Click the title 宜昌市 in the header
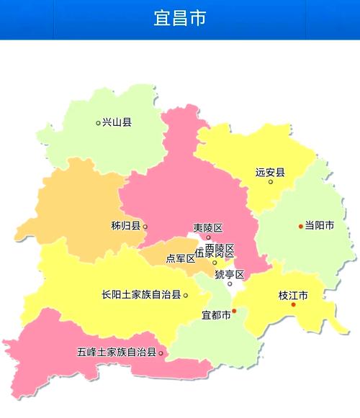point(180,18)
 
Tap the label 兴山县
point(117,122)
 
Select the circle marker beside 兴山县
point(99,123)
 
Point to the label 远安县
point(270,172)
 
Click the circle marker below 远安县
point(271,181)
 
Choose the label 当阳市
point(320,226)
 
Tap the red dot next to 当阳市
point(301,227)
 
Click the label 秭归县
point(125,226)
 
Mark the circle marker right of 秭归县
point(145,227)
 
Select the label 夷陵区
point(208,228)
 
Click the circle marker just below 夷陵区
point(209,237)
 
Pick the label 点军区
point(181,258)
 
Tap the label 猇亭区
point(230,274)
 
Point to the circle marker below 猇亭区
point(230,283)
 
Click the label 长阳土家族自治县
point(142,295)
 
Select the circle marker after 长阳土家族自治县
point(186,295)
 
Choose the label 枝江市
point(293,295)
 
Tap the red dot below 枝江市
point(294,305)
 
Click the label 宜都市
point(216,315)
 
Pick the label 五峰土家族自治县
point(117,353)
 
